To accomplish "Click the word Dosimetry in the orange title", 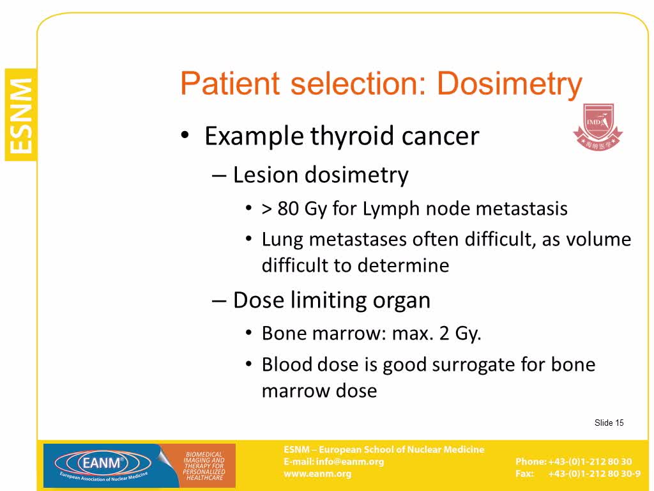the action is (x=509, y=84).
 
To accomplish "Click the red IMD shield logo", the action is (x=598, y=127).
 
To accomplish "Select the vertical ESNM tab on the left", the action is (x=20, y=115).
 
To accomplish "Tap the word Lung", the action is (x=282, y=240).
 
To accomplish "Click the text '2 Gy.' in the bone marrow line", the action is (x=460, y=334).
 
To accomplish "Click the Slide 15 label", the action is (x=609, y=423).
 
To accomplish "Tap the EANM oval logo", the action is (x=103, y=463).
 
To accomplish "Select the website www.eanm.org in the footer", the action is (x=317, y=474).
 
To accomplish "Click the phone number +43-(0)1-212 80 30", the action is (x=589, y=462).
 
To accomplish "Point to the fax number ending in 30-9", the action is (x=594, y=474).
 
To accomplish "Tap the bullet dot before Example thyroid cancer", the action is (x=185, y=135).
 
